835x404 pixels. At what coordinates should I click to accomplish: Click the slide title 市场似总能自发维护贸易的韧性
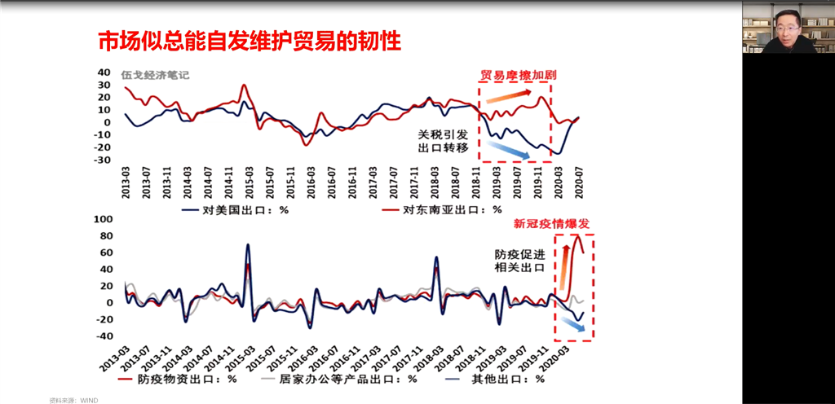(249, 42)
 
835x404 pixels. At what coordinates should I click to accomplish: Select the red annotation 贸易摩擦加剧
(519, 76)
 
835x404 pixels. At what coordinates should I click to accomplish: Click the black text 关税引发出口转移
(444, 141)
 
